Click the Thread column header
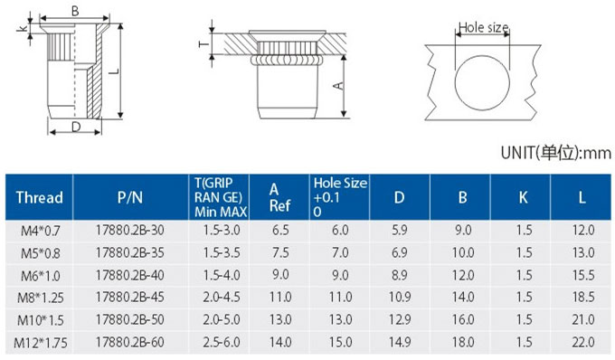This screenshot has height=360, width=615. point(39,197)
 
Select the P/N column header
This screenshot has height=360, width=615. point(130,197)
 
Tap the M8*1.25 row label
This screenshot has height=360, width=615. point(41,298)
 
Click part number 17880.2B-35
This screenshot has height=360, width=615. point(130,252)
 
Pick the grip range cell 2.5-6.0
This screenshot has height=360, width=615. point(222,342)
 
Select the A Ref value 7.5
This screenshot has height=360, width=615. point(280,252)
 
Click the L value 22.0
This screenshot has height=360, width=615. point(583,342)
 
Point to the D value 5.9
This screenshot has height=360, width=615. point(399,230)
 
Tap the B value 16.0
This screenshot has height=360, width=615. point(463,319)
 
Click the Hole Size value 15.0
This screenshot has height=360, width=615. point(340,342)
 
